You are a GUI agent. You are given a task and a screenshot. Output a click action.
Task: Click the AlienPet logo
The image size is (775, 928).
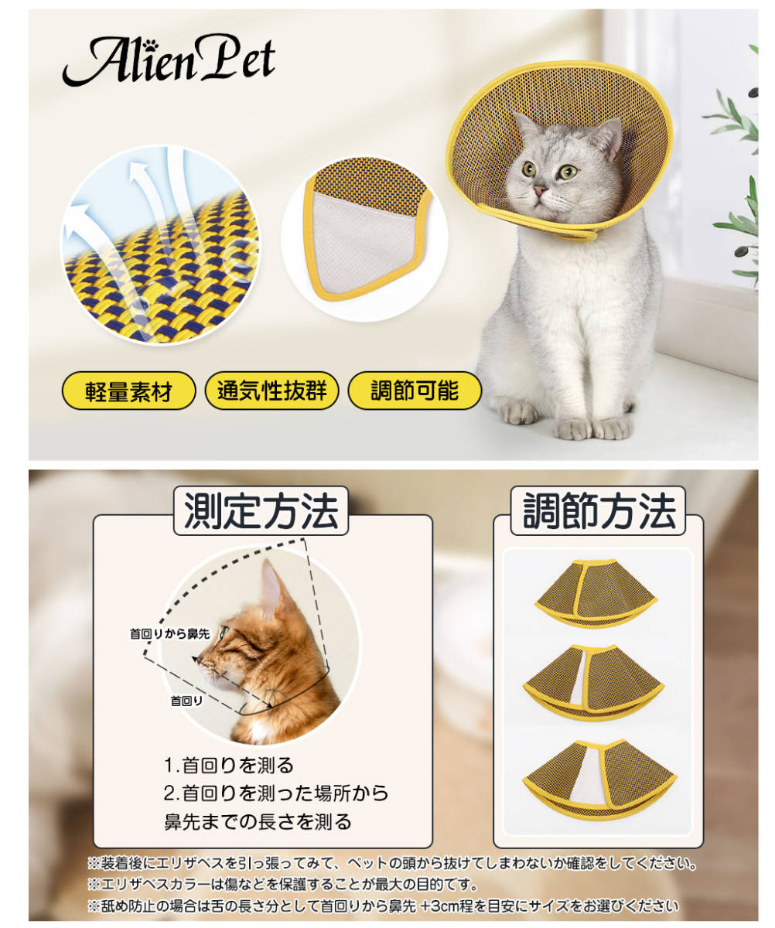coord(169,60)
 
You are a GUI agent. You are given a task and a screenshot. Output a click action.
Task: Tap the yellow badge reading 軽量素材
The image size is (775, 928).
coord(129,392)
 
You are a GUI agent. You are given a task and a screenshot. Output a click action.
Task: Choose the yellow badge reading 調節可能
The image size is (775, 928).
coord(415,392)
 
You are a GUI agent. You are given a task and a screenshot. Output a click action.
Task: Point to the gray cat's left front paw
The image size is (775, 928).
coord(611,427)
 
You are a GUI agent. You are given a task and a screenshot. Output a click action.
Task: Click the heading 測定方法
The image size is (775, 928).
coord(261,511)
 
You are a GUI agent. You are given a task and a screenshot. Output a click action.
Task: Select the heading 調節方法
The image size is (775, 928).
coord(599,511)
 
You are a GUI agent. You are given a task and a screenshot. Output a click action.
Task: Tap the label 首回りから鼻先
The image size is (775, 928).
coord(169,634)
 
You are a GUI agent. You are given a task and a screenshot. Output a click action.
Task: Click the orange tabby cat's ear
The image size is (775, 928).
coord(271,588)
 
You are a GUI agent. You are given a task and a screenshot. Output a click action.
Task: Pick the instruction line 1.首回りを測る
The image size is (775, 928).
coord(229,766)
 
